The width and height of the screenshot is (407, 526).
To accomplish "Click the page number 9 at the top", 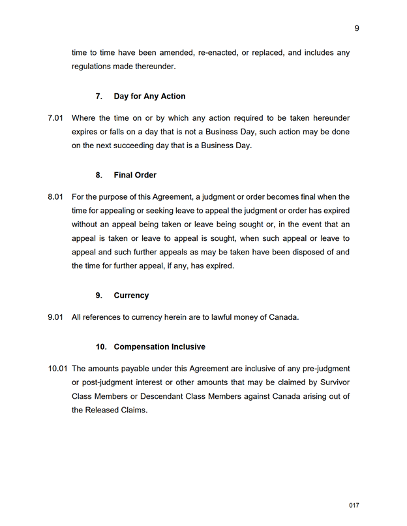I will coord(357,28).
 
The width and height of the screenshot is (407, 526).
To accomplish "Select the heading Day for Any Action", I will coord(149,96).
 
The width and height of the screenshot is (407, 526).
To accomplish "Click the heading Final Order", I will coord(135,175).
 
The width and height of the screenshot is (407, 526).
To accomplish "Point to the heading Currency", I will coord(131,295).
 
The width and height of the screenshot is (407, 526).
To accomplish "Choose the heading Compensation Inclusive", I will coord(159,347).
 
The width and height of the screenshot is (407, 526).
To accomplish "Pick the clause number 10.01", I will coord(57,369).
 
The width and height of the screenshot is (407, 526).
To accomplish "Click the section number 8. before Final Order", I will coord(99,175).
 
